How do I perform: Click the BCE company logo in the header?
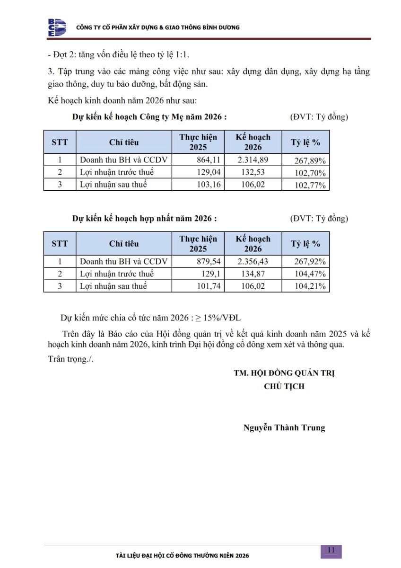click(57, 27)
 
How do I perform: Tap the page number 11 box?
click(331, 550)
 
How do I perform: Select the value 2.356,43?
click(253, 261)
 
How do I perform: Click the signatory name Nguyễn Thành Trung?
click(284, 428)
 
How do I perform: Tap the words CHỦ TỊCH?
click(284, 386)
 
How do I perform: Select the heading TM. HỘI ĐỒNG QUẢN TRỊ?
click(284, 373)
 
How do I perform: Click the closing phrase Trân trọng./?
click(71, 358)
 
